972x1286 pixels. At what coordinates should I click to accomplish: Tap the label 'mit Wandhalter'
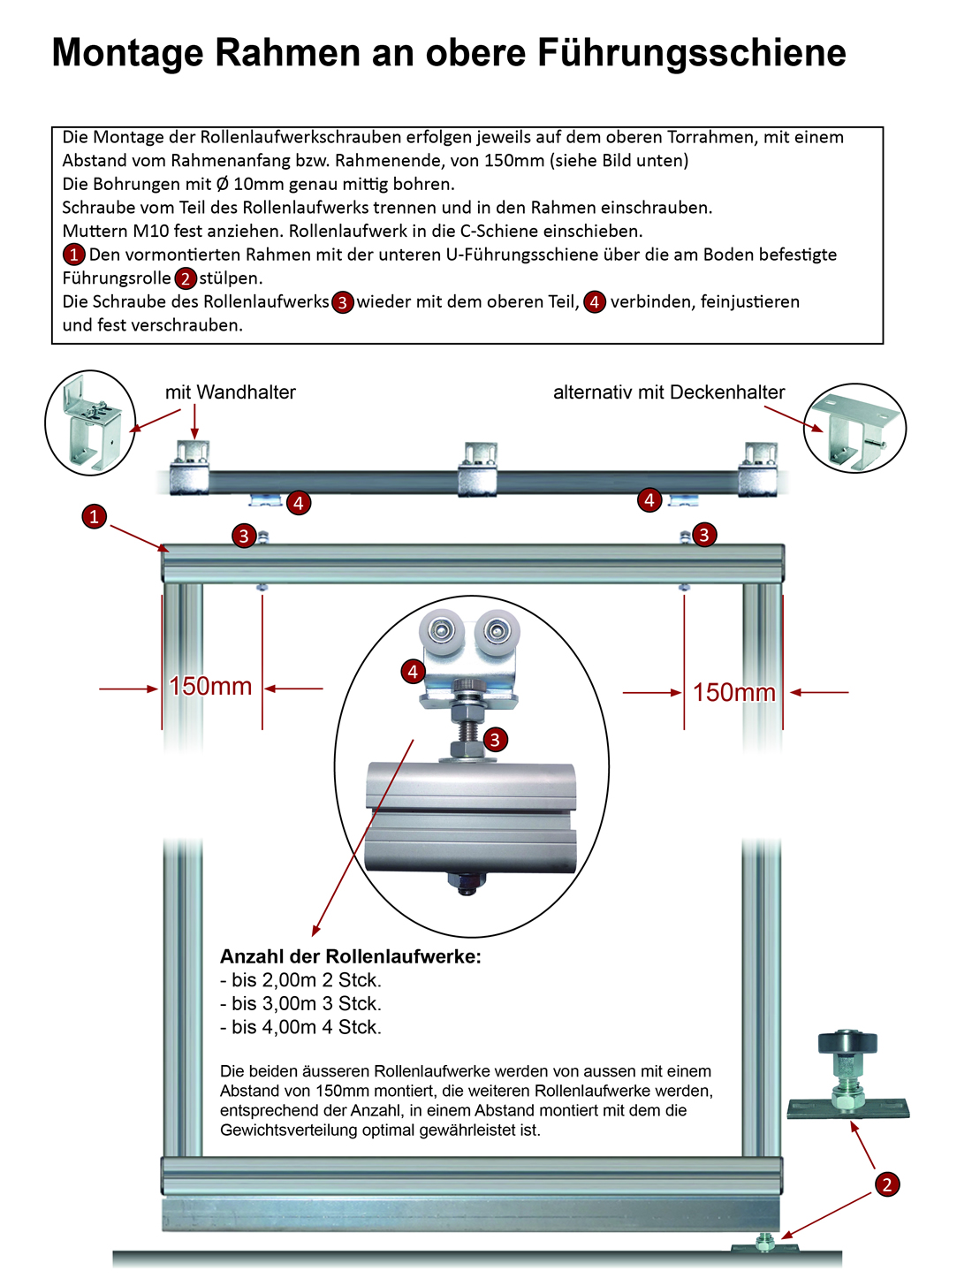pyautogui.click(x=230, y=392)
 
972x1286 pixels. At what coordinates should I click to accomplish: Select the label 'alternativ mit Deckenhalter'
pyautogui.click(x=669, y=392)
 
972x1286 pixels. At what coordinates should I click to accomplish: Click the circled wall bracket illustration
pyautogui.click(x=90, y=422)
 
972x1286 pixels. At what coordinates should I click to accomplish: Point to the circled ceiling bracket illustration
pyautogui.click(x=855, y=428)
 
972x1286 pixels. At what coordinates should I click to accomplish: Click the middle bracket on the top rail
pyautogui.click(x=477, y=469)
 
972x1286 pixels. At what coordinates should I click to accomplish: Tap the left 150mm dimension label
pyautogui.click(x=210, y=687)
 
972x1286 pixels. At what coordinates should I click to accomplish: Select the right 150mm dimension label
pyautogui.click(x=733, y=693)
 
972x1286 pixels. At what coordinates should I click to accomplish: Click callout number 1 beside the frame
pyautogui.click(x=94, y=516)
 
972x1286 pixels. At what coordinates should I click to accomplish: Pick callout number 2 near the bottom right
pyautogui.click(x=887, y=1184)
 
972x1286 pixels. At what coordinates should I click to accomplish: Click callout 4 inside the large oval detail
pyautogui.click(x=413, y=672)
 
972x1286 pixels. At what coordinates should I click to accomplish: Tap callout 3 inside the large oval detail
pyautogui.click(x=496, y=740)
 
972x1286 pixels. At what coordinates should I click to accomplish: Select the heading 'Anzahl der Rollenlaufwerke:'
pyautogui.click(x=351, y=956)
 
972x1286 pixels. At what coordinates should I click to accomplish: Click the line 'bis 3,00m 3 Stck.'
pyautogui.click(x=300, y=1004)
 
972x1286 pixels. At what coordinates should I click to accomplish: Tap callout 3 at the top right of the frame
pyautogui.click(x=703, y=535)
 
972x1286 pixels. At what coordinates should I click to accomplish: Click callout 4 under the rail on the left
pyautogui.click(x=299, y=503)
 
